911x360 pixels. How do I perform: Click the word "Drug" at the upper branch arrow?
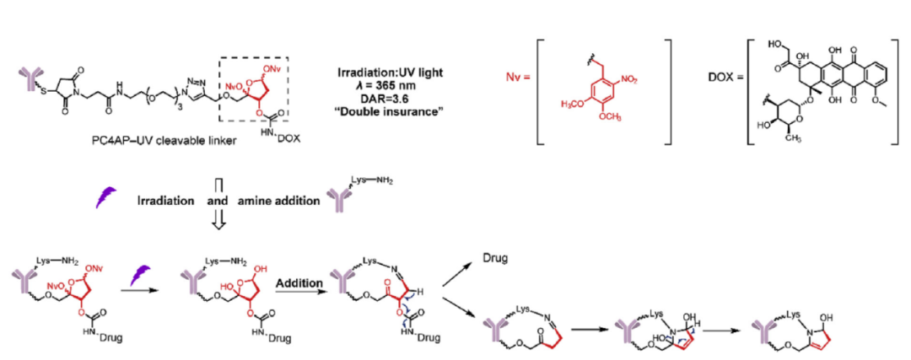tap(493, 255)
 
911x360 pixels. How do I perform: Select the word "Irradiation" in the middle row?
tap(167, 201)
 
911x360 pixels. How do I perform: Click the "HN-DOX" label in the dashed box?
tap(269, 137)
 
